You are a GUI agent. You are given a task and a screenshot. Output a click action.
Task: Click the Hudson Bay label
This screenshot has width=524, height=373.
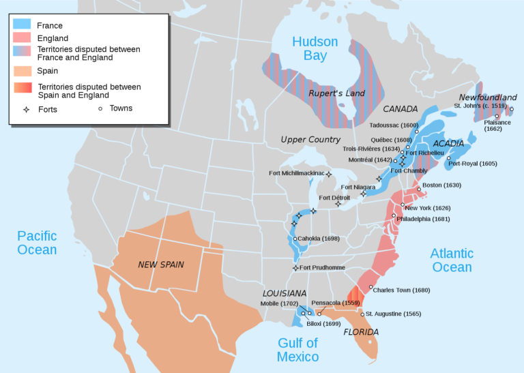pyautogui.click(x=315, y=48)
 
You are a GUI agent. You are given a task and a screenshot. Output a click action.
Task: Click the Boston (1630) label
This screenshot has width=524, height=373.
pyautogui.click(x=442, y=185)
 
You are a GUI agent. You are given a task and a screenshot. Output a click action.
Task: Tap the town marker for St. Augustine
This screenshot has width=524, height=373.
pyautogui.click(x=362, y=314)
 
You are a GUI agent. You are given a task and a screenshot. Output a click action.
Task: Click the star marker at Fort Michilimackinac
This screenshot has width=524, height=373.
pyautogui.click(x=328, y=174)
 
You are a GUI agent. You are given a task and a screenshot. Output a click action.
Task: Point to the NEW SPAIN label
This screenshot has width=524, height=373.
pyautogui.click(x=161, y=264)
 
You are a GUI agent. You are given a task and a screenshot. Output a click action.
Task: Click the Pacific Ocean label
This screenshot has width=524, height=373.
pyautogui.click(x=37, y=242)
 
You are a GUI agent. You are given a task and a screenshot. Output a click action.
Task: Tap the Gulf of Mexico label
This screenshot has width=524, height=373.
pyautogui.click(x=298, y=350)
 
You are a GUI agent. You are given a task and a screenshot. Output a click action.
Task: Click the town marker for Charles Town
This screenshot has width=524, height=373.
pyautogui.click(x=370, y=287)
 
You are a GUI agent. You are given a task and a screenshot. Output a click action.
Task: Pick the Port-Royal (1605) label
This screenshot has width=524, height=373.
pyautogui.click(x=473, y=164)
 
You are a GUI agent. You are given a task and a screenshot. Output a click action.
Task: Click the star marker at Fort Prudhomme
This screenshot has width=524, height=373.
pyautogui.click(x=295, y=268)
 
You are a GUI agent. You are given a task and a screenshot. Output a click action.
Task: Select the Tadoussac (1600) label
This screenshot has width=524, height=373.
pyautogui.click(x=394, y=125)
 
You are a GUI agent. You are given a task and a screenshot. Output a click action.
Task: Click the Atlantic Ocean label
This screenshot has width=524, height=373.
pyautogui.click(x=452, y=260)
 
